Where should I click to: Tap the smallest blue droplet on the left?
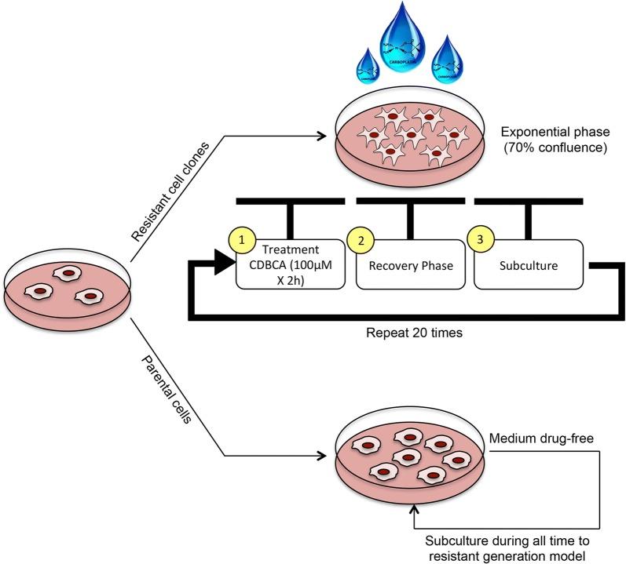click(x=367, y=73)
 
